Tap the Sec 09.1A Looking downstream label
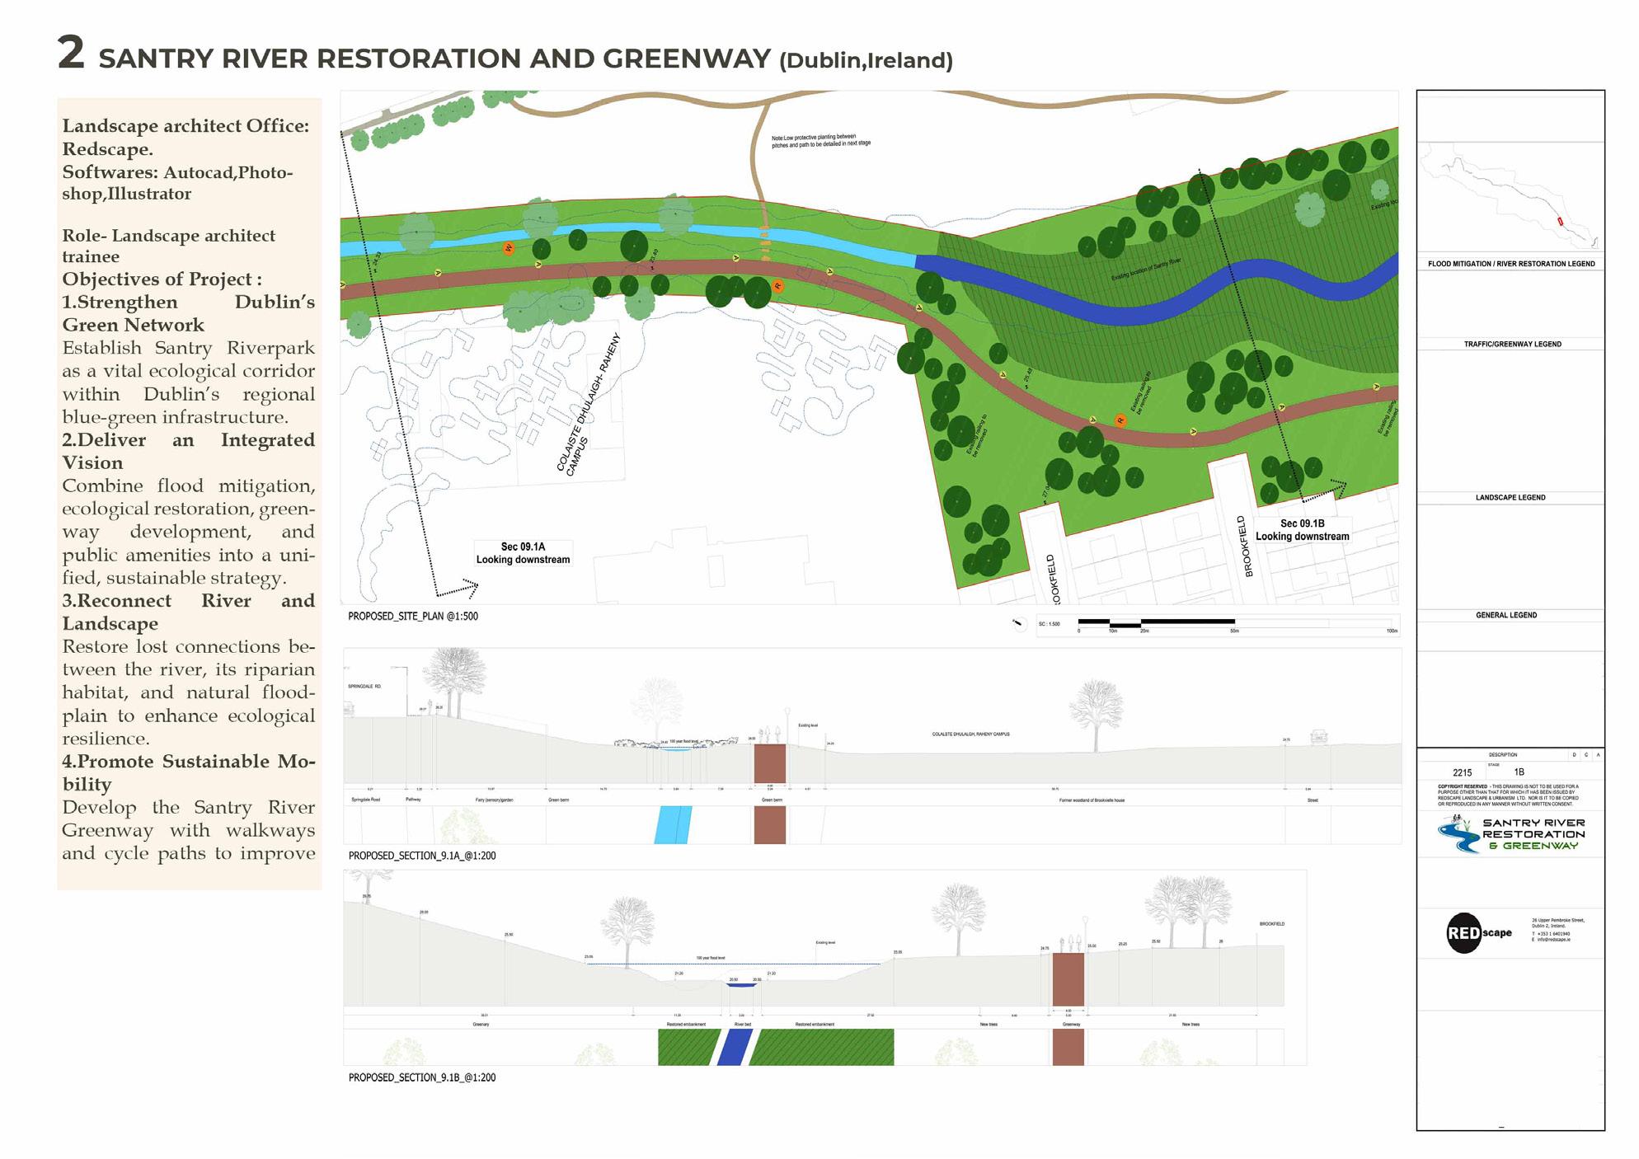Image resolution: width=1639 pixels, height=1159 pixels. tap(523, 553)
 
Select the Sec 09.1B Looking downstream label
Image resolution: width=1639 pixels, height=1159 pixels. tap(1302, 530)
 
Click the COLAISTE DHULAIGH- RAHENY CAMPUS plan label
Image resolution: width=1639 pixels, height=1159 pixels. tap(587, 405)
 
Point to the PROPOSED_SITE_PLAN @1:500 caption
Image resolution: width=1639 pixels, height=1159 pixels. tap(412, 616)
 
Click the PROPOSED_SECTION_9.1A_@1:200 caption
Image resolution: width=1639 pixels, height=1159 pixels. tap(421, 856)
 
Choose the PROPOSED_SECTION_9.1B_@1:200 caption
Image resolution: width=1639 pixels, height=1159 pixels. tap(421, 1077)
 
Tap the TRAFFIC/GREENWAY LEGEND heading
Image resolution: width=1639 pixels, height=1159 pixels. tap(1512, 344)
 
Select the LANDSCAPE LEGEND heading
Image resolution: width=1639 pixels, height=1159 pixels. tap(1510, 498)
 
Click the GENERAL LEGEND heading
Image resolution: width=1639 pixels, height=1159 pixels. tap(1506, 615)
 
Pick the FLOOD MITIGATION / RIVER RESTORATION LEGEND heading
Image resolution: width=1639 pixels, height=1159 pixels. tap(1511, 264)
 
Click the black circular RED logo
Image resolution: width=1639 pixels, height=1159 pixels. tap(1464, 933)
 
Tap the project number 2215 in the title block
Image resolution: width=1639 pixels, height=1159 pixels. tap(1462, 773)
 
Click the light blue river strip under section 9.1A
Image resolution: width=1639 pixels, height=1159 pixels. tap(673, 824)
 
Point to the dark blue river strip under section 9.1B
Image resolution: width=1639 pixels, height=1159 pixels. tap(734, 1047)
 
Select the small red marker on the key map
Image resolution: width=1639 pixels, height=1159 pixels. tap(1559, 221)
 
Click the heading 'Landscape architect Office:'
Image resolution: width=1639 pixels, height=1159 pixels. tap(186, 126)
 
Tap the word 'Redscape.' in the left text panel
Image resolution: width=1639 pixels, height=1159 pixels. tap(107, 149)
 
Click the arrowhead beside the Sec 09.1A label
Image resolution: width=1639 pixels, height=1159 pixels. tap(472, 586)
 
